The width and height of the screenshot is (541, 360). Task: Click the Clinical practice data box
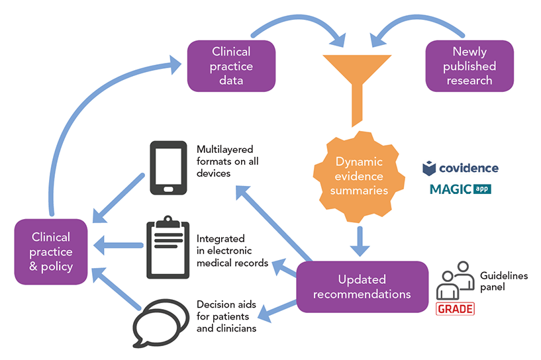[231, 66]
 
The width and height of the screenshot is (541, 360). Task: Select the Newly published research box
[469, 66]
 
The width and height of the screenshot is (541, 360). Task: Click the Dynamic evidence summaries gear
[359, 176]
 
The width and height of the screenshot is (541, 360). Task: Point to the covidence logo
[460, 168]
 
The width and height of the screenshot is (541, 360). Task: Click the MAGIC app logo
[460, 189]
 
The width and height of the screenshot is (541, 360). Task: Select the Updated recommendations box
[362, 287]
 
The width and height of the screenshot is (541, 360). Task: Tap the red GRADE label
[455, 308]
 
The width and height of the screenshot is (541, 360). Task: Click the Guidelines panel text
[504, 281]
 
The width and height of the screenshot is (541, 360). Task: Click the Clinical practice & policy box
[51, 251]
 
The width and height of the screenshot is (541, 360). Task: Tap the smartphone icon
[168, 167]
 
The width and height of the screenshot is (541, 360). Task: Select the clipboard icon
[168, 247]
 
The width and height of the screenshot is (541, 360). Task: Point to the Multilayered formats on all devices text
[227, 161]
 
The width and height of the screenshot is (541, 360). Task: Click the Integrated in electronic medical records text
[232, 251]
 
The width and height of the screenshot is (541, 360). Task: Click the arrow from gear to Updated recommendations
[360, 242]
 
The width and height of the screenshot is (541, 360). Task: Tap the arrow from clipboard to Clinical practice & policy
[118, 246]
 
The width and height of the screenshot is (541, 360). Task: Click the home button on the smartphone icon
[168, 189]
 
